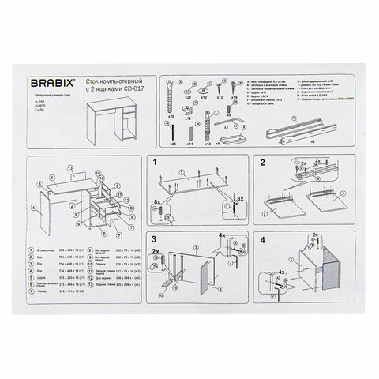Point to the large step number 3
(x=156, y=238)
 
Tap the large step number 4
(x=264, y=238)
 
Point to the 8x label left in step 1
(x=158, y=202)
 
